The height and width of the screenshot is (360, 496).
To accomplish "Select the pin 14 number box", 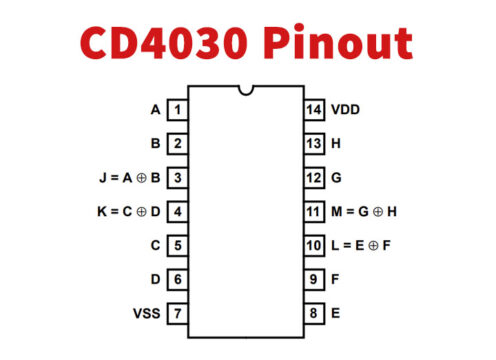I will point(314,110).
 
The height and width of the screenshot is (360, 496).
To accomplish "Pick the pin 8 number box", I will point(314,314).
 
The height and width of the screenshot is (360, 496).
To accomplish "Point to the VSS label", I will point(145,314).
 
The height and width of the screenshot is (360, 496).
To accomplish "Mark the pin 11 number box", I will point(314,212).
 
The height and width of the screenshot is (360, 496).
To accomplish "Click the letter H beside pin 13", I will point(336,144).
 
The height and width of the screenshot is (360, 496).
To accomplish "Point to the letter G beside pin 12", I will point(336,178).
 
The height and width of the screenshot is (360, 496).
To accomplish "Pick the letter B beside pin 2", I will point(155,144).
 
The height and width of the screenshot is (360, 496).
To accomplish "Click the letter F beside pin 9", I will point(335,280).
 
